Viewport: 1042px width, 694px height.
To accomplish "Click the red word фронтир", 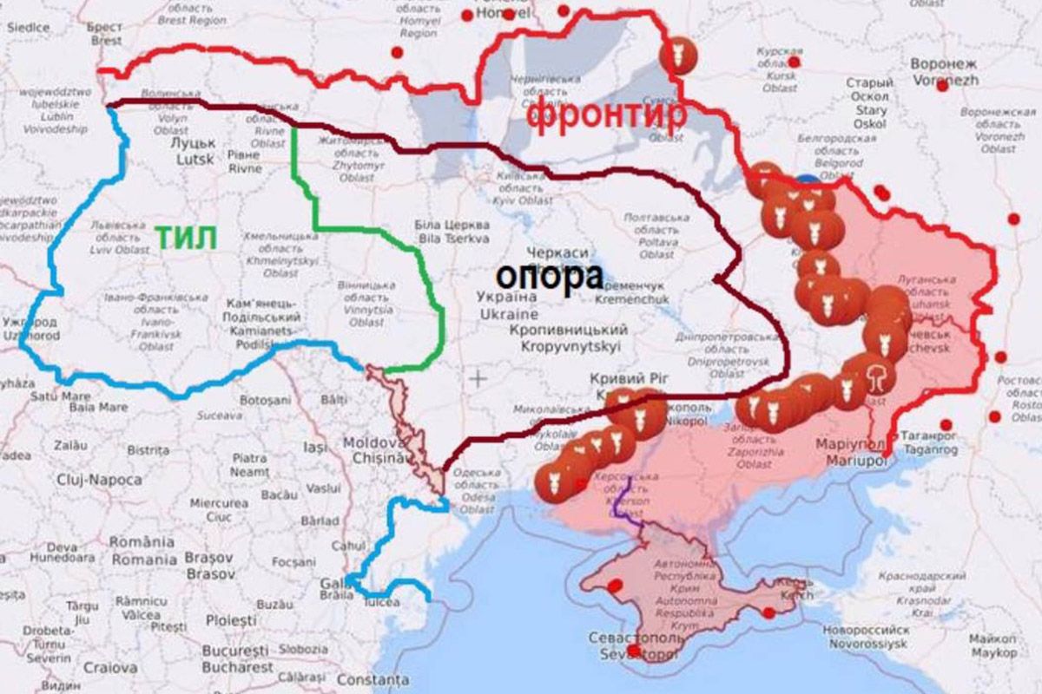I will (x=606, y=115).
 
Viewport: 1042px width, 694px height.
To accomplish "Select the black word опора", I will (x=550, y=277).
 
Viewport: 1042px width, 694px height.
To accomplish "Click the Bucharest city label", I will (x=238, y=659).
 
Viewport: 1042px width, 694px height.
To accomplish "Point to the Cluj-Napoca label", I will (x=99, y=480).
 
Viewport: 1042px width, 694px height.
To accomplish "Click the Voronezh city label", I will (x=944, y=71).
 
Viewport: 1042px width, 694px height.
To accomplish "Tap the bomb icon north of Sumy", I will (x=676, y=57).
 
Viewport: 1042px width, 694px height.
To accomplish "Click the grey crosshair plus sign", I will (x=478, y=378).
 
